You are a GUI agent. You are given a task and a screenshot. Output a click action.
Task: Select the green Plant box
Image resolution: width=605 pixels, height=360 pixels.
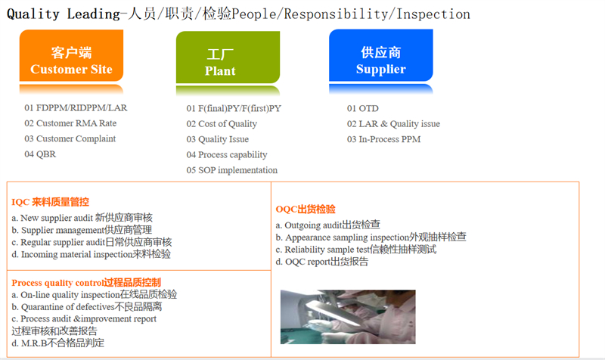click(x=220, y=62)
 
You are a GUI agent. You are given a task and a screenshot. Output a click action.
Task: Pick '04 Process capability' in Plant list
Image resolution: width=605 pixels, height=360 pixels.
click(x=227, y=155)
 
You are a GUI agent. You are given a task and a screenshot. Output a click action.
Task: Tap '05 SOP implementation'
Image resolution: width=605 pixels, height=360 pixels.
click(x=232, y=170)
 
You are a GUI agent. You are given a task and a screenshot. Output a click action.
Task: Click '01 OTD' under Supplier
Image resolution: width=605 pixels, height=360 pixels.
click(x=363, y=109)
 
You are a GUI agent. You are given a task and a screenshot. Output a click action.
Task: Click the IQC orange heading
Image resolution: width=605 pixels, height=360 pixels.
click(x=50, y=202)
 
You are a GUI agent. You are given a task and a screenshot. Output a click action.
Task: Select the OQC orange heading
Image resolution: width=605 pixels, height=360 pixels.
click(x=306, y=209)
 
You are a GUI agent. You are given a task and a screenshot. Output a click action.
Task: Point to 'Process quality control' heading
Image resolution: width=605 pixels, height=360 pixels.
click(x=86, y=282)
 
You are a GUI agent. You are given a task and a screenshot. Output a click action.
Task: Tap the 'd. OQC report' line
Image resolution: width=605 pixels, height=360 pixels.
click(x=322, y=262)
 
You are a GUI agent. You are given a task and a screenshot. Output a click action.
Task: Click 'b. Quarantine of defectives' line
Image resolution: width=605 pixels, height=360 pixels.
click(x=87, y=307)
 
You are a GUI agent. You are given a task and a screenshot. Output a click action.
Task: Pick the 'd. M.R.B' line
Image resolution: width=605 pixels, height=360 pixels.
click(x=58, y=343)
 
